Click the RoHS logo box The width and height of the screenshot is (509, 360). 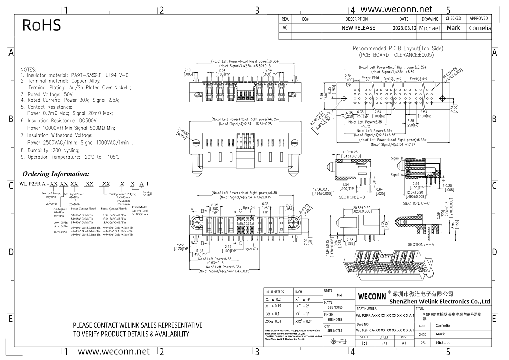(41, 25)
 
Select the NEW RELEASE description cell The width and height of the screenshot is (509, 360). (358, 28)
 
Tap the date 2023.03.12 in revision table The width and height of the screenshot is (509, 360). (404, 28)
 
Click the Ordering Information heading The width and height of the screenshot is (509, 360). (56, 174)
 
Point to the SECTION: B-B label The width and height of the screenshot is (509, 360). (352, 197)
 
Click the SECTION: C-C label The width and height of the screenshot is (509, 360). (416, 203)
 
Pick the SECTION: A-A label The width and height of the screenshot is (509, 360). (421, 244)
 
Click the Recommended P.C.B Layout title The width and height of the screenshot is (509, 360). (398, 49)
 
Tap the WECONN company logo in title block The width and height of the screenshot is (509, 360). (372, 297)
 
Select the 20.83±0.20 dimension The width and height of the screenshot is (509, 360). (361, 208)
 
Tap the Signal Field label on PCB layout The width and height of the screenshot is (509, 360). (393, 78)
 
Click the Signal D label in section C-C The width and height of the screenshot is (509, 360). (397, 158)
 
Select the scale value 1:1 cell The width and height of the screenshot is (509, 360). (364, 343)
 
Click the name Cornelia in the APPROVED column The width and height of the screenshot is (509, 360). (479, 28)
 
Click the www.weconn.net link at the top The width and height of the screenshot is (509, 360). (396, 9)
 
